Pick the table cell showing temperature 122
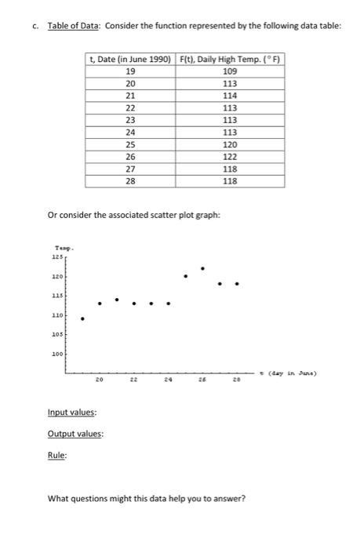(230, 157)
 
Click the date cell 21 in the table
(130, 95)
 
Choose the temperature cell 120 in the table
(230, 145)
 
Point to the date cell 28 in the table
(130, 182)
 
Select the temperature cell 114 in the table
(230, 95)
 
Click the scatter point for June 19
(82, 318)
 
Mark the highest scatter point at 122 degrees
(202, 268)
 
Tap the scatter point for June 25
(185, 277)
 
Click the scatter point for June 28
(237, 284)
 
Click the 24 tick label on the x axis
(168, 379)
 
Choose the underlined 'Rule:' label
(57, 457)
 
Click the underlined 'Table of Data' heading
(74, 26)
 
